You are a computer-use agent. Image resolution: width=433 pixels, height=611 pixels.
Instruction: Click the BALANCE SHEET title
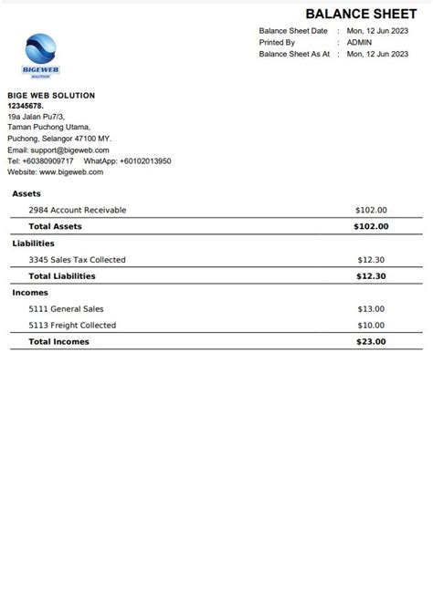click(360, 13)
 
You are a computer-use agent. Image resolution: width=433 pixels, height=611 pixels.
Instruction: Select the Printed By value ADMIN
click(359, 42)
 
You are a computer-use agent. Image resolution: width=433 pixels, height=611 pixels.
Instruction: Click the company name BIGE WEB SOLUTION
click(51, 96)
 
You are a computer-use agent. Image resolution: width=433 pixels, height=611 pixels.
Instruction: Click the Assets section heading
click(26, 193)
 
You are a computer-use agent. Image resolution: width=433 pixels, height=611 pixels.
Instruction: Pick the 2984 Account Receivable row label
click(78, 210)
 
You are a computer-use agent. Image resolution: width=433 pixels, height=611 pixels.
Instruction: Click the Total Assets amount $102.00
click(371, 226)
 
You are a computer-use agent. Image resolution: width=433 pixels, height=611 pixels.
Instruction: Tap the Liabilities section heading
click(33, 243)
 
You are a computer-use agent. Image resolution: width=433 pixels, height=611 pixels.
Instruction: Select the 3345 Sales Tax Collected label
click(78, 260)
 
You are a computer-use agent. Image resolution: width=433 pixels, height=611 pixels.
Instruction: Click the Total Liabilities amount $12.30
click(371, 276)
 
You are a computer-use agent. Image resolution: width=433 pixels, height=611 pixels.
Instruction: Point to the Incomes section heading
click(30, 293)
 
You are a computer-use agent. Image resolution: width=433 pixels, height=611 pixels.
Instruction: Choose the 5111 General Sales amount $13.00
click(371, 309)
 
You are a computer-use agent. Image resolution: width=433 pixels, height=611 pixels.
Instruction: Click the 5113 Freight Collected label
click(72, 326)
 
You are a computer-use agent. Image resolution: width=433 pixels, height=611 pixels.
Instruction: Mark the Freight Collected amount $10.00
click(371, 326)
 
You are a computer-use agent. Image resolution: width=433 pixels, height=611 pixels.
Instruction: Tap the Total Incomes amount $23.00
click(371, 342)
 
